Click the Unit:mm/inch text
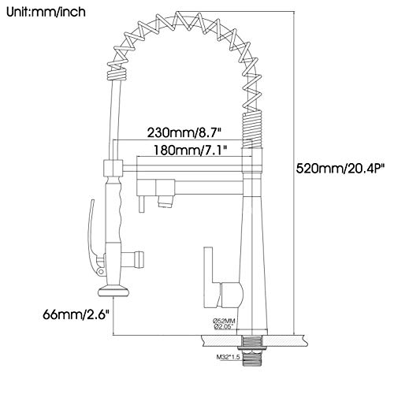pyautogui.click(x=46, y=13)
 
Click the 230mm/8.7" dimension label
pyautogui.click(x=183, y=132)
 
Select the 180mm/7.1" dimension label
pyautogui.click(x=190, y=151)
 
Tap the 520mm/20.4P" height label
pyautogui.click(x=340, y=169)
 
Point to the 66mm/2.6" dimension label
pyautogui.click(x=76, y=314)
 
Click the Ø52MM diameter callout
pyautogui.click(x=224, y=321)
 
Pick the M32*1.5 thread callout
pyautogui.click(x=228, y=357)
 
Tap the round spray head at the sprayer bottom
pyautogui.click(x=113, y=292)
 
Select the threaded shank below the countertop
pyautogui.click(x=252, y=359)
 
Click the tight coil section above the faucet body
pyautogui.click(x=251, y=128)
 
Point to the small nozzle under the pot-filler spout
pyautogui.click(x=165, y=202)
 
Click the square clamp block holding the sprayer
pyautogui.click(x=113, y=168)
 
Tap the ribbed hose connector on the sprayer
pyautogui.click(x=133, y=259)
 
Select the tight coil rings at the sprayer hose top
pyautogui.click(x=117, y=74)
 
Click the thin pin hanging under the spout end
pyautogui.click(x=142, y=204)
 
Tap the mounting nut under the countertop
pyautogui.click(x=252, y=348)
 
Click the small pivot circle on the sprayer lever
pyautogui.click(x=100, y=271)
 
